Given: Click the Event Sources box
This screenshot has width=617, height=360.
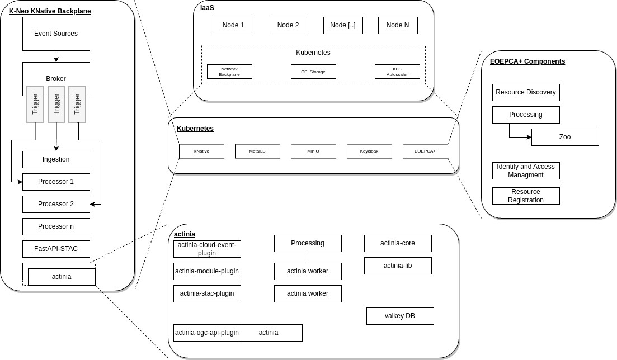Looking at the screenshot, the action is pyautogui.click(x=56, y=34).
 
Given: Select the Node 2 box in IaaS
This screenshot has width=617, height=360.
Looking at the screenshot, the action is pyautogui.click(x=288, y=25).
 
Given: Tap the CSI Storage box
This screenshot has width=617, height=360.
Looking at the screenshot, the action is pyautogui.click(x=313, y=72).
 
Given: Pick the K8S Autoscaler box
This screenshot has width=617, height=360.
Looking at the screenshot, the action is pyautogui.click(x=397, y=72).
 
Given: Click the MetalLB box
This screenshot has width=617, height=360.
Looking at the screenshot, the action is pyautogui.click(x=257, y=151).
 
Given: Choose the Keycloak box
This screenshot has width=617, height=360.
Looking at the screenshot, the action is pyautogui.click(x=369, y=151).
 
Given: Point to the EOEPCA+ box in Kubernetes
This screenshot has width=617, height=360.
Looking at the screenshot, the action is pyautogui.click(x=425, y=151).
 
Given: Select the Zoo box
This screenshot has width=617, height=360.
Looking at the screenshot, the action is pyautogui.click(x=565, y=137).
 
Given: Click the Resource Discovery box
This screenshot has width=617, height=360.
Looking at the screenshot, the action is pyautogui.click(x=526, y=92).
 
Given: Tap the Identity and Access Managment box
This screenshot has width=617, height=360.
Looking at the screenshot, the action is pyautogui.click(x=526, y=170).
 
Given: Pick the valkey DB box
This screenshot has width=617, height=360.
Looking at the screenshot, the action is pyautogui.click(x=400, y=316).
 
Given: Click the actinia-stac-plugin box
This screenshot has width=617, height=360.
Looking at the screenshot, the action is pyautogui.click(x=207, y=293).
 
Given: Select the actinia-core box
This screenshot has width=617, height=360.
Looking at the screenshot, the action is pyautogui.click(x=398, y=243).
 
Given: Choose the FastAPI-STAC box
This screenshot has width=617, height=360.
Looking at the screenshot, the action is pyautogui.click(x=56, y=249).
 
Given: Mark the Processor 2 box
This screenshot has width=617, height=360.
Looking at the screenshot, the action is pyautogui.click(x=56, y=204).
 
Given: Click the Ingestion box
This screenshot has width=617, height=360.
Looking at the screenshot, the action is pyautogui.click(x=56, y=159).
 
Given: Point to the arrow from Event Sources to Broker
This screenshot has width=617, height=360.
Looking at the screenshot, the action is pyautogui.click(x=56, y=56).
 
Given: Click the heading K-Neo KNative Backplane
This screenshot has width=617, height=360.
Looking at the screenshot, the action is pyautogui.click(x=50, y=11).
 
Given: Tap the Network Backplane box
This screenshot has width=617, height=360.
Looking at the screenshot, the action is pyautogui.click(x=229, y=72).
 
